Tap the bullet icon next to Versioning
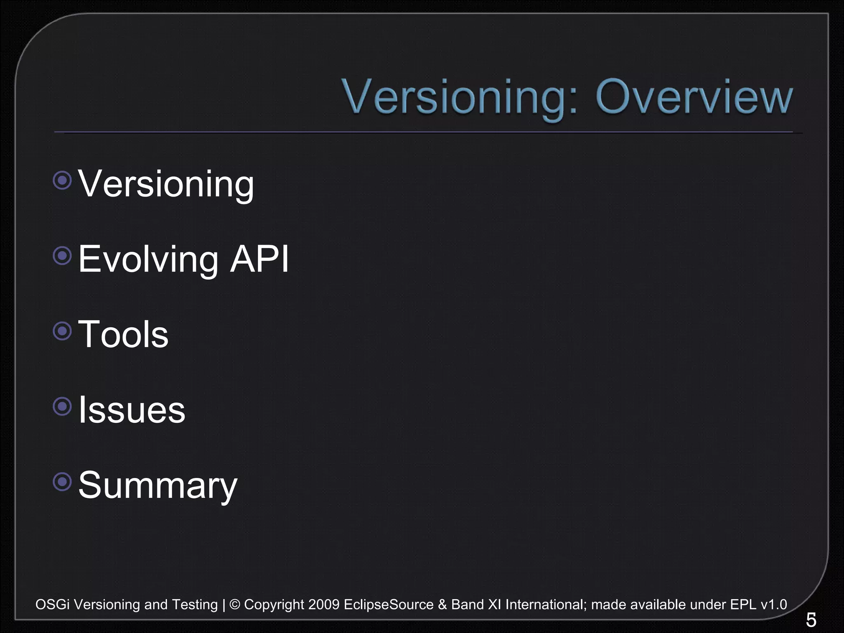click(63, 180)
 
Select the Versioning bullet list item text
click(166, 184)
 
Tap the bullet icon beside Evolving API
click(63, 256)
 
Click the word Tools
click(123, 334)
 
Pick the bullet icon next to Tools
click(63, 331)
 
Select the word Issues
click(132, 410)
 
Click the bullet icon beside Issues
click(63, 406)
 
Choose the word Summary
click(158, 485)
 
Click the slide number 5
click(811, 620)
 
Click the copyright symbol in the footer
click(234, 605)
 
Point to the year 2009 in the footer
click(324, 605)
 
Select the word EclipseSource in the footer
click(389, 605)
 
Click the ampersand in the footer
click(443, 605)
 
